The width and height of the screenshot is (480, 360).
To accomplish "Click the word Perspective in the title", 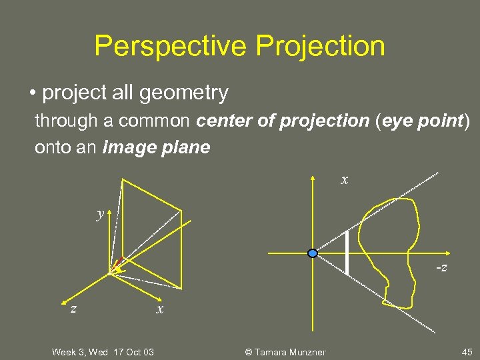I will click(170, 46).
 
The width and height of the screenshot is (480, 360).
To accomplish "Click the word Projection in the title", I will click(321, 46).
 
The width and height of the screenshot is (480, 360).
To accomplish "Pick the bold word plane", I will click(185, 147).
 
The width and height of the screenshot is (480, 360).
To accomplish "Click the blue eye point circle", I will click(313, 253).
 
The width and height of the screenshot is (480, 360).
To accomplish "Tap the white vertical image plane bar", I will click(347, 253).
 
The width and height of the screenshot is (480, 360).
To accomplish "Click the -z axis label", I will click(441, 267).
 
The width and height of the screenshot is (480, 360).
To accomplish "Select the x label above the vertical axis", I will click(344, 180).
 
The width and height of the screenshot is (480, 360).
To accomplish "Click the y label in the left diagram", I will click(100, 214).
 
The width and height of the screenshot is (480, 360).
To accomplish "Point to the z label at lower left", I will click(74, 309).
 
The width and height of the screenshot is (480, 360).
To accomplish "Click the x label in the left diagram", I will click(159, 309).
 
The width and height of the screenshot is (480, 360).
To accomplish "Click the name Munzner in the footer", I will click(306, 351).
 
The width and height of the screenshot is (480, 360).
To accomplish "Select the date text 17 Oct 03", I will click(133, 351).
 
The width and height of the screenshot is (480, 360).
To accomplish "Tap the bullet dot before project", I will click(33, 93).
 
